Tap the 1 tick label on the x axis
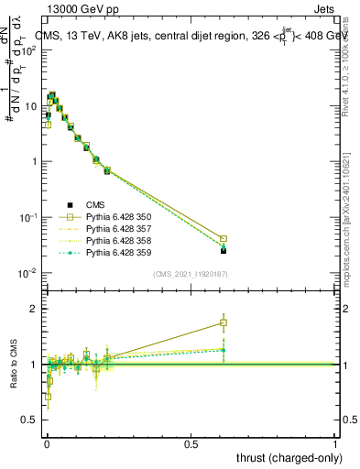point(335,444)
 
